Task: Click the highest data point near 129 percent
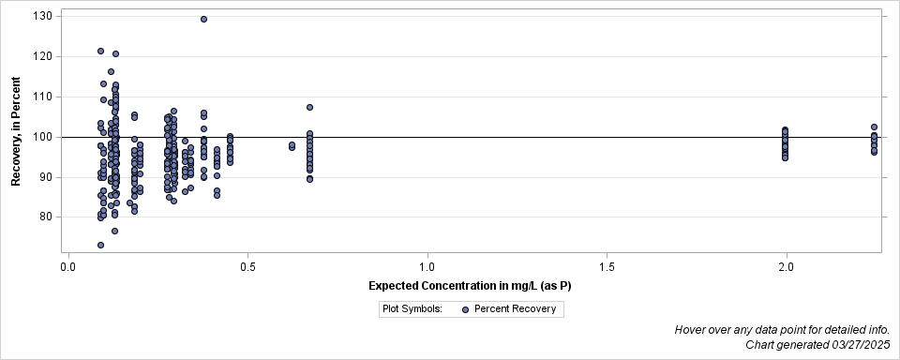pyautogui.click(x=203, y=19)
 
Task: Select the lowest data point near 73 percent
pyautogui.click(x=100, y=245)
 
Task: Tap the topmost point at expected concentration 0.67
pyautogui.click(x=309, y=107)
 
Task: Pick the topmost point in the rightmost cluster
pyautogui.click(x=874, y=127)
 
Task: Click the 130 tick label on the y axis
pyautogui.click(x=42, y=16)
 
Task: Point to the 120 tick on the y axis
pyautogui.click(x=42, y=56)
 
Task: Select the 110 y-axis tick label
pyautogui.click(x=42, y=97)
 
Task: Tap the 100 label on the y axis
pyautogui.click(x=42, y=137)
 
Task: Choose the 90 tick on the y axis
pyautogui.click(x=45, y=177)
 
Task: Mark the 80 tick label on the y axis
pyautogui.click(x=45, y=217)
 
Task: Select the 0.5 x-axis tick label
pyautogui.click(x=247, y=267)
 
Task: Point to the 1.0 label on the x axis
pyautogui.click(x=427, y=267)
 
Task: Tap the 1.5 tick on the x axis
pyautogui.click(x=607, y=267)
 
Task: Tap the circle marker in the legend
pyautogui.click(x=465, y=308)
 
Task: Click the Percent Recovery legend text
pyautogui.click(x=515, y=308)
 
